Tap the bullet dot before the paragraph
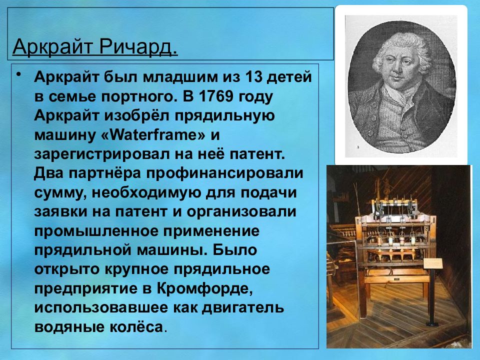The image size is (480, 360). click(18, 75)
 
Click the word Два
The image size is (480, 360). click(49, 173)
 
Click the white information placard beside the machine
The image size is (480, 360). click(434, 263)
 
